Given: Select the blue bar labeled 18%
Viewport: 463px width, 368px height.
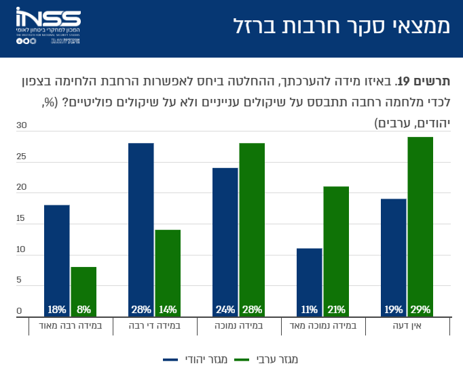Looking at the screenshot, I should [x=57, y=261].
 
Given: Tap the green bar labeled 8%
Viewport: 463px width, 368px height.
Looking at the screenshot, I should [x=84, y=291].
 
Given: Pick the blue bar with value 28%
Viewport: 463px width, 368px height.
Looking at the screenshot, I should [x=141, y=230].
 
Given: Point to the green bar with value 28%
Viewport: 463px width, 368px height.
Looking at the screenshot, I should [x=252, y=230].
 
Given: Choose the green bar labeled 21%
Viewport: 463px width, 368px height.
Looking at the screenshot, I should [x=336, y=251].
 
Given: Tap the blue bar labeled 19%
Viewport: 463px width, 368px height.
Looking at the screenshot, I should [x=394, y=258].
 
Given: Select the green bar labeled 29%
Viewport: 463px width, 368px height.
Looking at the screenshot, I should [x=420, y=226].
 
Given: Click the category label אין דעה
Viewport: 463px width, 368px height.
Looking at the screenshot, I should [x=407, y=327].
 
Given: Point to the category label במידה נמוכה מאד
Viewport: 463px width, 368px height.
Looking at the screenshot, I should [x=323, y=327].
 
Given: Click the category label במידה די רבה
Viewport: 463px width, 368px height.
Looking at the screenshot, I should [x=155, y=327].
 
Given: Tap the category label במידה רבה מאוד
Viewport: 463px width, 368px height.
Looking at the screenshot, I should [x=71, y=327].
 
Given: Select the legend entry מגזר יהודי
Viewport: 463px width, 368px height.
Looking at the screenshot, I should [x=197, y=359].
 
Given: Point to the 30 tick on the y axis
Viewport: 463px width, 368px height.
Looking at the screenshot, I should [x=20, y=125].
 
